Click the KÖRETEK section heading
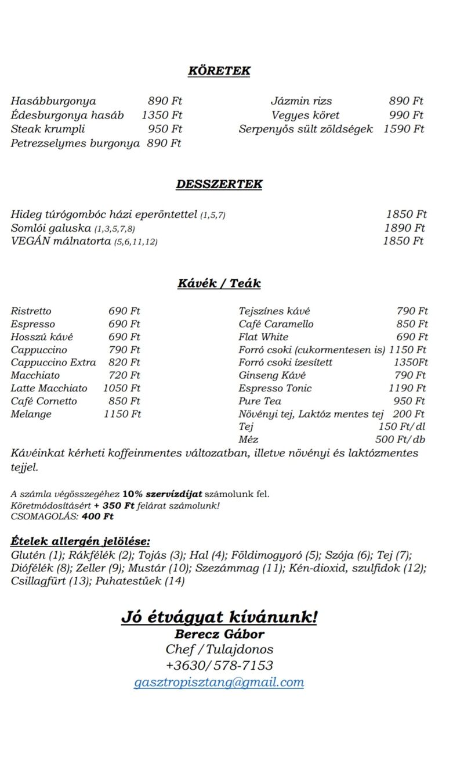219,71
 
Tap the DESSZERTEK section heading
219,184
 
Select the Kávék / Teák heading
219,283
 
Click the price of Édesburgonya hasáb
162,115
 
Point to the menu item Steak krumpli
48,129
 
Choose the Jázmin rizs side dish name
302,101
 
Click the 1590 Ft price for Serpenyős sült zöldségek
404,129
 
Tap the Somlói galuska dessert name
51,228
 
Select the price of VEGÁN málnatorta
404,241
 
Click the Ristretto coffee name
31,311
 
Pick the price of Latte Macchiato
122,388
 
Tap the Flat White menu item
263,337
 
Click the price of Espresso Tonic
408,388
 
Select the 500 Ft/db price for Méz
400,440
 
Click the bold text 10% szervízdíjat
162,494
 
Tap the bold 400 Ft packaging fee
97,516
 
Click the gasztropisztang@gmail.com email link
219,683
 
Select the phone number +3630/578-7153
219,666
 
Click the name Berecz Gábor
219,634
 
